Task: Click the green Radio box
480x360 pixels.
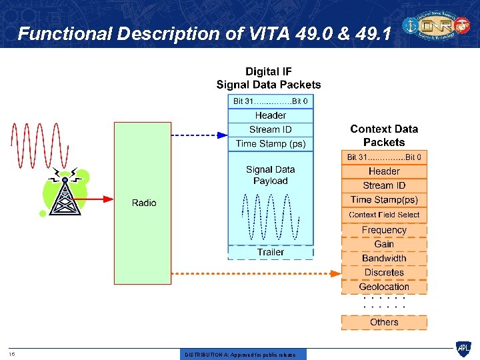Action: click(143, 203)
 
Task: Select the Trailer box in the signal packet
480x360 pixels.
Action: click(271, 252)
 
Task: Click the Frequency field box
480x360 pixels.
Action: click(384, 230)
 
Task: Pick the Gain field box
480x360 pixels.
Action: click(384, 244)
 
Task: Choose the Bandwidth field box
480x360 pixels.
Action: click(384, 258)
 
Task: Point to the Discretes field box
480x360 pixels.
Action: click(384, 272)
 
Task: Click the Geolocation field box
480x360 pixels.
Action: click(384, 287)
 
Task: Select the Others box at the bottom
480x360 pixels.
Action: click(384, 322)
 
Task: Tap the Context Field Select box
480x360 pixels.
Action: click(384, 215)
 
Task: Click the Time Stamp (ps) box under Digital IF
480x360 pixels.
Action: click(271, 143)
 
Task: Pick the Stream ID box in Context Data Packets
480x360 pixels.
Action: click(384, 185)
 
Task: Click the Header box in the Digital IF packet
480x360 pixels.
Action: click(271, 115)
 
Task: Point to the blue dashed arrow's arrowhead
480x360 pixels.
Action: click(223, 135)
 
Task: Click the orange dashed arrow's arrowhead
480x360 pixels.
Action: click(336, 272)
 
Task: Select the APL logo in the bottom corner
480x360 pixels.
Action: click(463, 348)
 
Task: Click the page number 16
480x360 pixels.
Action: click(12, 354)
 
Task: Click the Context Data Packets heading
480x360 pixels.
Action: click(384, 135)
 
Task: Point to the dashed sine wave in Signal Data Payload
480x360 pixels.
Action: click(271, 217)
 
